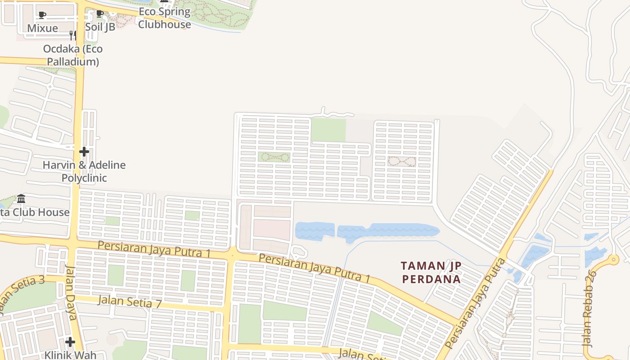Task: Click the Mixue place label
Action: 42,28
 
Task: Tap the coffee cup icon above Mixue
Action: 42,15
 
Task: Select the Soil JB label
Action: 100,27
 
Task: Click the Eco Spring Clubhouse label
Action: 164,18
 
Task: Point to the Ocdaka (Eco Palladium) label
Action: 73,55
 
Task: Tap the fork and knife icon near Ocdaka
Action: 72,35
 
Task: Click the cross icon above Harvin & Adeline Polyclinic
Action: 84,152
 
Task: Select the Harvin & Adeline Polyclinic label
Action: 84,171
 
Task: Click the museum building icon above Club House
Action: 21,198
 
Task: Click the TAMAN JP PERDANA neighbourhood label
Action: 431,272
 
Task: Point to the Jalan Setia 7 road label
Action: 130,301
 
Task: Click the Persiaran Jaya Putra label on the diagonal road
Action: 476,304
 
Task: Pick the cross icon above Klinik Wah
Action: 70,342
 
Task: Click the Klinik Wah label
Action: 70,355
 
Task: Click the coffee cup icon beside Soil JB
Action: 100,14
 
